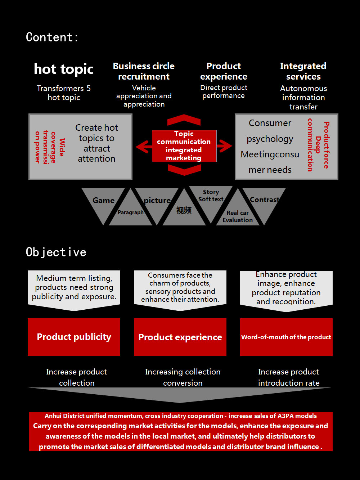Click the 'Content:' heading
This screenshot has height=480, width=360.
52,37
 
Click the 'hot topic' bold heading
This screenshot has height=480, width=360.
64,69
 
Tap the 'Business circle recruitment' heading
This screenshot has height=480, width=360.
144,71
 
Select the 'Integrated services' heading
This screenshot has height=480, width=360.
303,71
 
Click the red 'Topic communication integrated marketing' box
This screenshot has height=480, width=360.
184,146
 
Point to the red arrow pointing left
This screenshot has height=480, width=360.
144,146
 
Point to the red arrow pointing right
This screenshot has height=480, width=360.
225,146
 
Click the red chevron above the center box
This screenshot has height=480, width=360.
184,120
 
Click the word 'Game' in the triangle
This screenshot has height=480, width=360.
103,201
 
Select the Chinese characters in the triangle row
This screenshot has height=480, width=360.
184,210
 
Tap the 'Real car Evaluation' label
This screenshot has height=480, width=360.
238,216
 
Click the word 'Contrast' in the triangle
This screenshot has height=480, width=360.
265,200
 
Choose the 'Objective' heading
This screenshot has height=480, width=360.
56,252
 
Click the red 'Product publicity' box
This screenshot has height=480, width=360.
74,337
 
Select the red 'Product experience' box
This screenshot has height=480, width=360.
180,337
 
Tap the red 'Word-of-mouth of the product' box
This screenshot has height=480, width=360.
286,337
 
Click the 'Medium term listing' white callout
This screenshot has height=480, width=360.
74,288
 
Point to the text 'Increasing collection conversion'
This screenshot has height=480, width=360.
183,377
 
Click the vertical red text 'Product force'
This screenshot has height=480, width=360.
326,145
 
